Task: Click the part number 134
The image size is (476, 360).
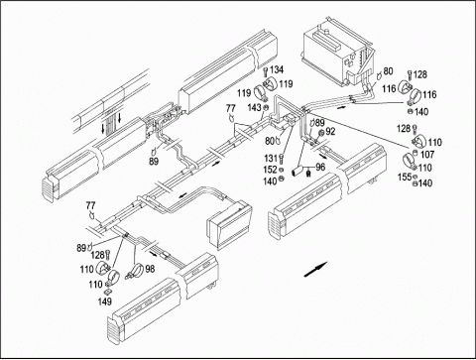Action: tap(277, 69)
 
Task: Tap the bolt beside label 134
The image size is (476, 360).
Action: tap(266, 72)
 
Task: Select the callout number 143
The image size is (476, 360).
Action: tap(254, 107)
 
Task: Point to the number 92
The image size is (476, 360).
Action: tap(330, 132)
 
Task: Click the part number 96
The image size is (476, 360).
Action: tap(320, 167)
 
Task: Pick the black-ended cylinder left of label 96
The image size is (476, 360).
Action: tap(298, 172)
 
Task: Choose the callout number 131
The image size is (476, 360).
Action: tap(271, 159)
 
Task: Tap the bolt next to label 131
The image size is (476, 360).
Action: tap(282, 159)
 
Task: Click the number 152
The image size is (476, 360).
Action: tap(270, 170)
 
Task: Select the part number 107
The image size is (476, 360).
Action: tap(427, 155)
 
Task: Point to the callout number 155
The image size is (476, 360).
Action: tap(405, 178)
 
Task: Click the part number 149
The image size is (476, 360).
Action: tap(104, 301)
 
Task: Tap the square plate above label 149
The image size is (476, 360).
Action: tap(108, 292)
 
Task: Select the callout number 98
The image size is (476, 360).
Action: tap(150, 269)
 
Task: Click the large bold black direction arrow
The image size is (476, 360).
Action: tap(315, 269)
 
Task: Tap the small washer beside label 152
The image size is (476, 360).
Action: tap(282, 170)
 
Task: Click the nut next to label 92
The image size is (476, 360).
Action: tap(320, 133)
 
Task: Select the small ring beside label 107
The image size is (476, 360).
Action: tap(416, 153)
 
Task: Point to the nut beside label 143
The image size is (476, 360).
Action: tap(266, 107)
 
